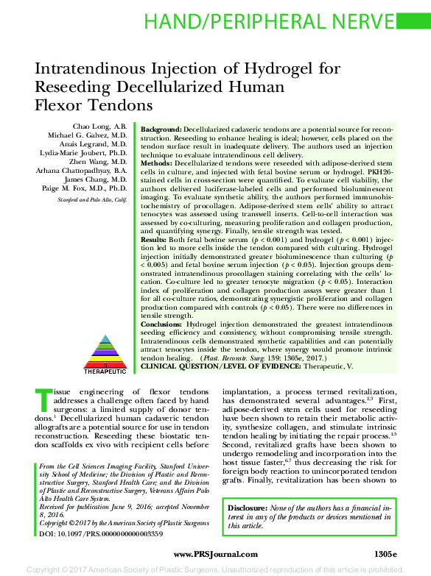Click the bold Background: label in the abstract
tap(161, 128)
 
